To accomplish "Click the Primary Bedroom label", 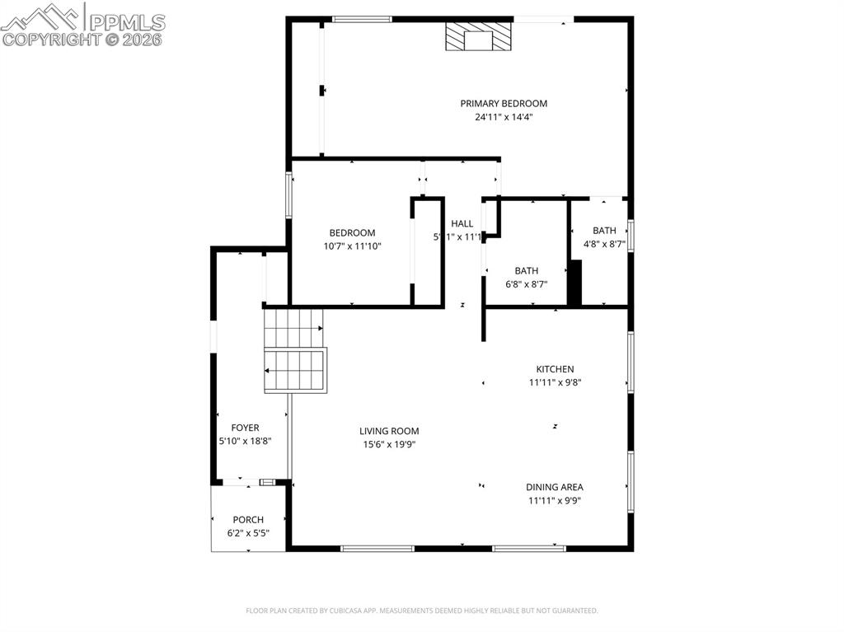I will coord(504,104).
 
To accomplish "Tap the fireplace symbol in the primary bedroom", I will coord(479,37).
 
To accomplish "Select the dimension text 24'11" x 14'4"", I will coord(504,117).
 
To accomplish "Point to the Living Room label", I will coord(389,431).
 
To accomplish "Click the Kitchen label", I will coord(555,369).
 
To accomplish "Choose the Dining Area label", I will coord(555,487).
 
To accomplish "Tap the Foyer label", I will coord(245,428).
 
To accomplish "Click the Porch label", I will coord(248,520).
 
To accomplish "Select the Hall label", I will coord(462,223).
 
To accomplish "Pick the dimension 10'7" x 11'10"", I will coord(353,246).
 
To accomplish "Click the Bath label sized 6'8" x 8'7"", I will coord(527,270).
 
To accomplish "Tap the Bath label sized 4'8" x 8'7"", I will coord(604,231).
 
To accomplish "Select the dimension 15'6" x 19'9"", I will coord(389,444).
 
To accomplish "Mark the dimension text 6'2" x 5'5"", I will coord(248,533).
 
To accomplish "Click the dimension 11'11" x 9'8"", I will coord(555,382).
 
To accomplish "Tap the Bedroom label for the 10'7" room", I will coord(353,233).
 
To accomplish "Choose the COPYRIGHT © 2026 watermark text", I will coord(82,39).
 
